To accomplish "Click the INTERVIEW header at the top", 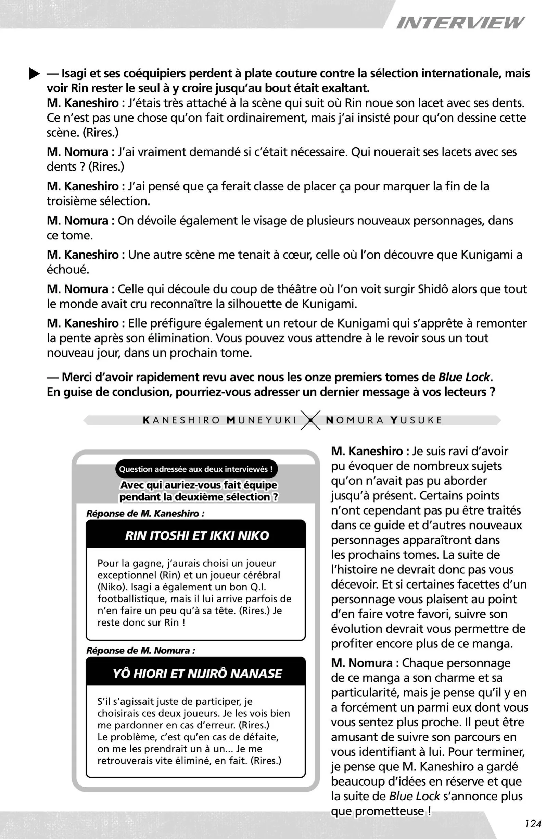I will (x=460, y=23).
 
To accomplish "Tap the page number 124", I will (x=533, y=824).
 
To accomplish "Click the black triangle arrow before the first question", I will (x=34, y=74).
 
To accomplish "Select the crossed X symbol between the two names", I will (x=310, y=420).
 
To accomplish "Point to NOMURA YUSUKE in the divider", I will (x=384, y=420).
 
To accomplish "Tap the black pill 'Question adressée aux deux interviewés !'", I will (x=196, y=469).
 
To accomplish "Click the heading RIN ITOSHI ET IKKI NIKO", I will (x=197, y=535).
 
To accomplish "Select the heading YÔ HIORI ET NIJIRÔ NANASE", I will (x=197, y=674).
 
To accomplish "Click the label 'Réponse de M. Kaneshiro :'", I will (x=145, y=514).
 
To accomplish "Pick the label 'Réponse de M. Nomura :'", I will (x=141, y=650).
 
